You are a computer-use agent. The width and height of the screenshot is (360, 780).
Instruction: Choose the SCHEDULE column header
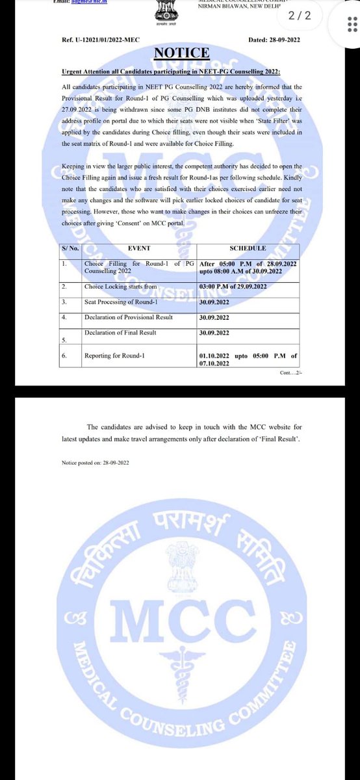click(248, 248)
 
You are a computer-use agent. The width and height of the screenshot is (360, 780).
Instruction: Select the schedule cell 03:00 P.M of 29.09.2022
click(234, 285)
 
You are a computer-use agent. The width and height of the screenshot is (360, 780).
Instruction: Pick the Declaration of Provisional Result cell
click(128, 317)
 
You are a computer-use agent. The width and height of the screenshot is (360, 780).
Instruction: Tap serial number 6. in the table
click(64, 356)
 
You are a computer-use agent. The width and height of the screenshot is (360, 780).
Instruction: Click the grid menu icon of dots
click(349, 25)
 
